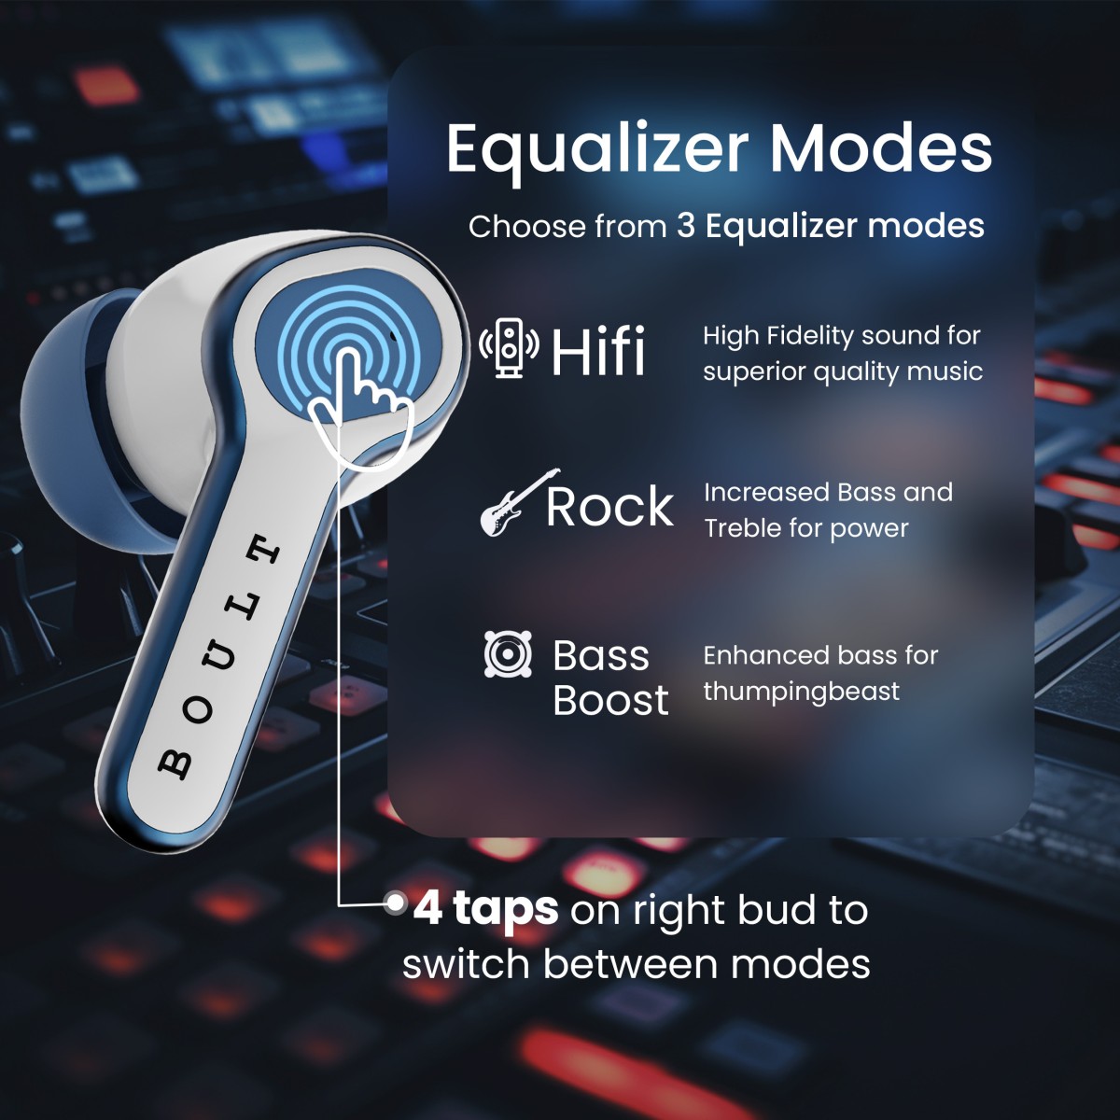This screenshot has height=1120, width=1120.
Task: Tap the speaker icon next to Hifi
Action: click(x=509, y=348)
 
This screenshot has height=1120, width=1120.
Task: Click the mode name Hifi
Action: click(x=598, y=352)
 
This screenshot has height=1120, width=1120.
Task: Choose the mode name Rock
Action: click(x=609, y=507)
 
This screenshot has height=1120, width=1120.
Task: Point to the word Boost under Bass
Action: click(x=610, y=700)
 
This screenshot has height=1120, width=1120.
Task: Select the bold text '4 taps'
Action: click(x=486, y=908)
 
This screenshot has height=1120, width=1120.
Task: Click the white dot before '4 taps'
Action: click(x=396, y=903)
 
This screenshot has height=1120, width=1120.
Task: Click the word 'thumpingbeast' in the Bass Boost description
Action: click(x=801, y=692)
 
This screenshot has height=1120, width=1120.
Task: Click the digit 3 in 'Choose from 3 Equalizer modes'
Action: click(x=686, y=226)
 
